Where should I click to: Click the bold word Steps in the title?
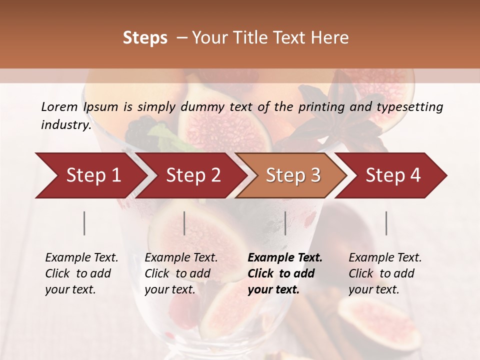point(145,38)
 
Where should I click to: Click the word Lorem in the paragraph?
point(59,106)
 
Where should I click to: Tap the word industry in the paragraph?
point(66,124)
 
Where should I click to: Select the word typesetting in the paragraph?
point(410,106)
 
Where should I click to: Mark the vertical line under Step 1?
point(84,223)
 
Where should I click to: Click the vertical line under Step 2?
point(184,223)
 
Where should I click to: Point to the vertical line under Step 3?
point(285,223)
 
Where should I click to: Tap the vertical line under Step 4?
point(386,223)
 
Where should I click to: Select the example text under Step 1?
point(81,273)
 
